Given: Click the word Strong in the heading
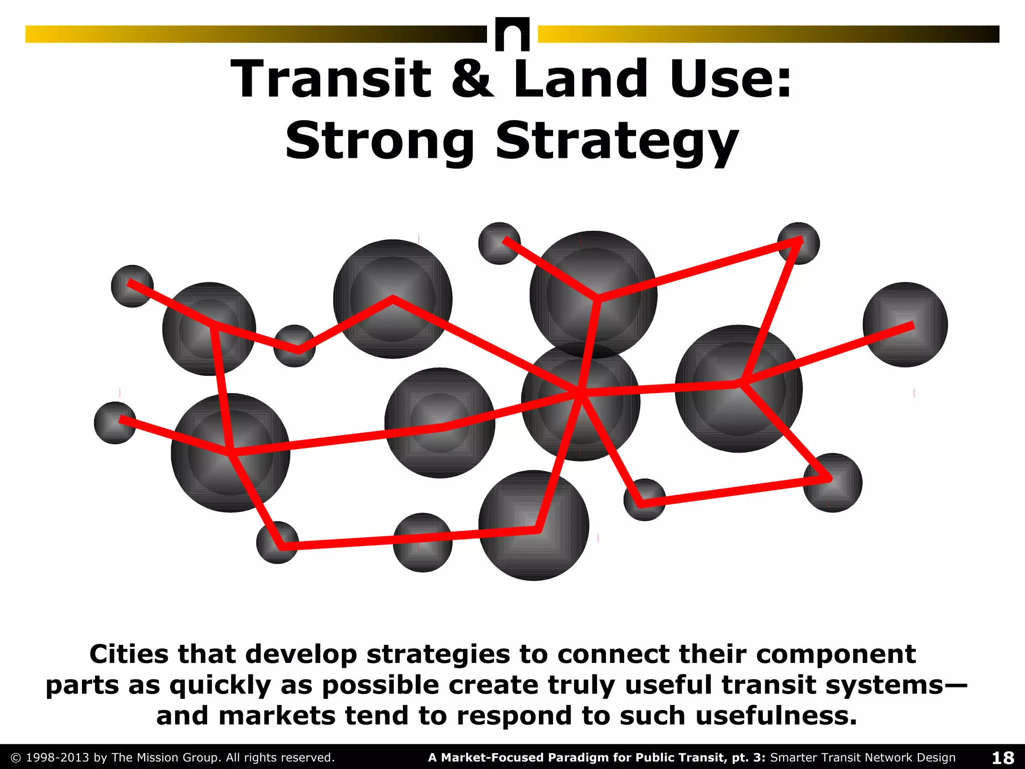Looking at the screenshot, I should point(379,142).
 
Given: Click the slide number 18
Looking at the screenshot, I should point(1002,757).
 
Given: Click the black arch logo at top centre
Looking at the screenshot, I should point(512,34).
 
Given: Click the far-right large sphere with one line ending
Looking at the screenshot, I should point(905,325).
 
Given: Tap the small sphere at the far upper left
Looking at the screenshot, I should point(132,286).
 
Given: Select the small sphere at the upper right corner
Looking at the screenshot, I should point(799,243).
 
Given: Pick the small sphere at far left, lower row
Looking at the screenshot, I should point(115,423).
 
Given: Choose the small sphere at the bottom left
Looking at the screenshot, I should point(277,542).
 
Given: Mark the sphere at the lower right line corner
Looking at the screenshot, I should point(832,482).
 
